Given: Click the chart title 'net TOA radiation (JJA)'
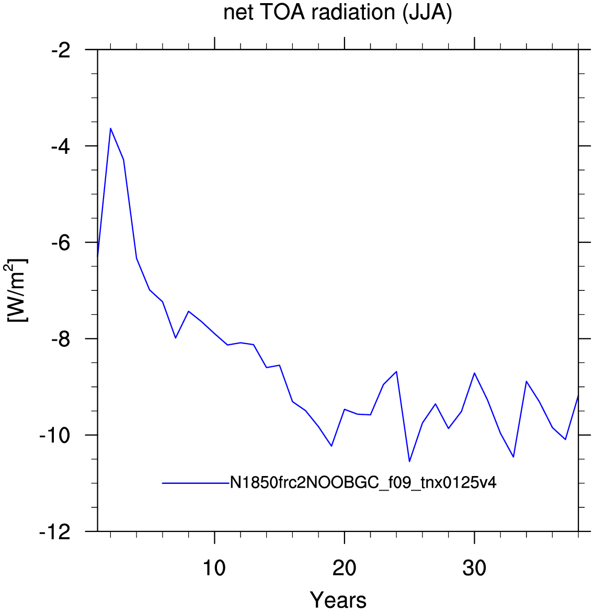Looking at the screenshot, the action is tap(338, 13).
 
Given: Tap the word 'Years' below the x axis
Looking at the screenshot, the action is tap(338, 600).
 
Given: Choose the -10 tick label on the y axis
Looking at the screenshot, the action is tap(55, 436).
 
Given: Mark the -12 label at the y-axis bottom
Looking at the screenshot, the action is tap(55, 533).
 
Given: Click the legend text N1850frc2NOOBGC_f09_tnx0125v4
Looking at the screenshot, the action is tap(363, 483).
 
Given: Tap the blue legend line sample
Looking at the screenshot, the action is tap(196, 483).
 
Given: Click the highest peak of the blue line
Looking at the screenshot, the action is tap(111, 128).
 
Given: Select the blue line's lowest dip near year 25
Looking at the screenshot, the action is tap(409, 461).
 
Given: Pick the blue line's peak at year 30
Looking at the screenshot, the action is tap(474, 373).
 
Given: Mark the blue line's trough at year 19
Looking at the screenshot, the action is tap(332, 446).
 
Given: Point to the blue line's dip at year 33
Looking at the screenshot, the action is tap(513, 457).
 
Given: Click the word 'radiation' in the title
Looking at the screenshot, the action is tap(353, 13).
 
